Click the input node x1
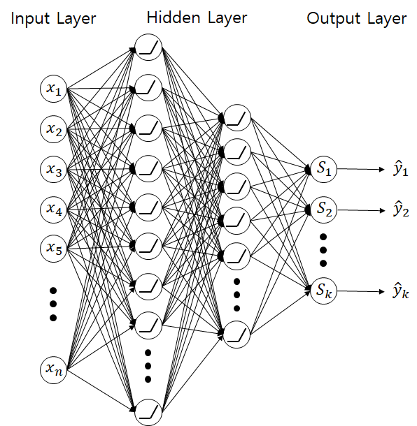54,89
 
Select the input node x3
54,169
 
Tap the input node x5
54,248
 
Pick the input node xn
54,369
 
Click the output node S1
323,169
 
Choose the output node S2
323,210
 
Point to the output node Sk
323,291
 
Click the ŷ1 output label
401,169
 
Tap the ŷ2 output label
401,210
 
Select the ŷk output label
401,291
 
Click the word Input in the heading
30,19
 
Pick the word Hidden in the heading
174,17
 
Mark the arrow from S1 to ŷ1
360,169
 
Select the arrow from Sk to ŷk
360,291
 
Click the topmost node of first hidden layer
148,47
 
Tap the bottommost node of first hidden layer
148,412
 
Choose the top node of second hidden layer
236,118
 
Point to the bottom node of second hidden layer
236,335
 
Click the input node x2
54,128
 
